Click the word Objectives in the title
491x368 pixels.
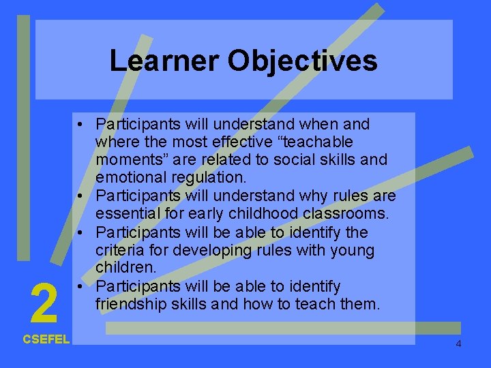click(x=302, y=61)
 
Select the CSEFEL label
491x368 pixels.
click(x=46, y=339)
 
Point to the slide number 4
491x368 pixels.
click(x=458, y=344)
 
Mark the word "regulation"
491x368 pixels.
click(x=212, y=178)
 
